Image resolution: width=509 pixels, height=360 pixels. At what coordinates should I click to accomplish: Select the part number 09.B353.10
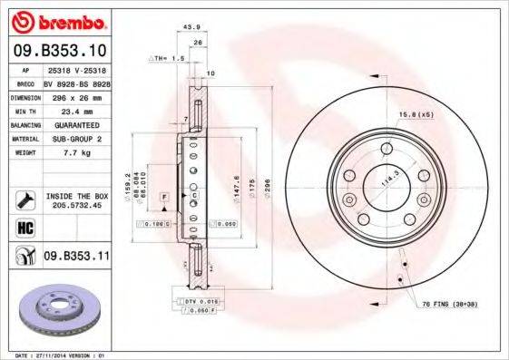click(x=60, y=50)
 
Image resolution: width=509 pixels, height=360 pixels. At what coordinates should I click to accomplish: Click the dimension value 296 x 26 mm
click(x=76, y=95)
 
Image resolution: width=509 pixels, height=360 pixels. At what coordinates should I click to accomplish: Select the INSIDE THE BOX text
click(x=76, y=195)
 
